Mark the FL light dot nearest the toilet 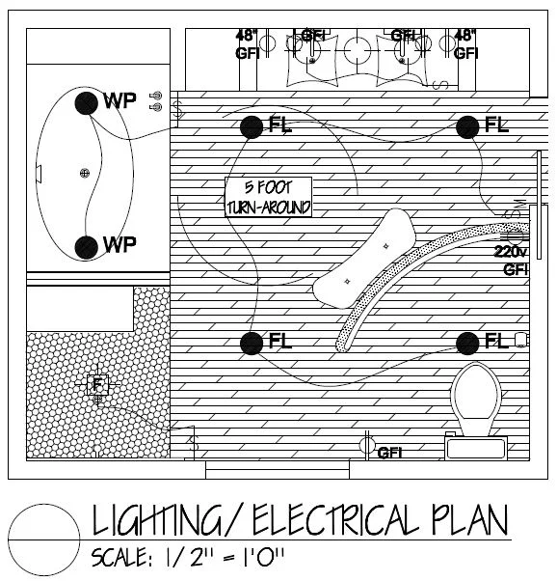point(469,342)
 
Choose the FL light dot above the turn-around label point(252,124)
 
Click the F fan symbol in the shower point(96,384)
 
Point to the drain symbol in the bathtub point(85,173)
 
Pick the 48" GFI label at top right point(466,44)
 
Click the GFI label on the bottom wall point(388,453)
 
